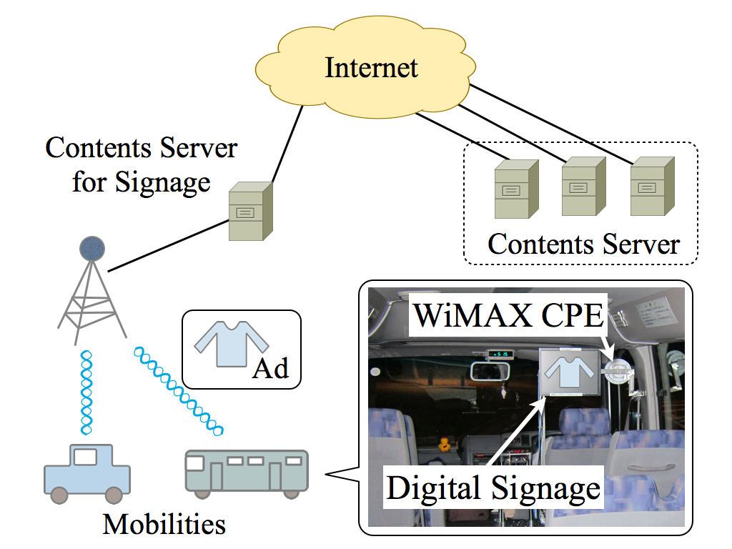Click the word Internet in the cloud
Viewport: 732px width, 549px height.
point(371,68)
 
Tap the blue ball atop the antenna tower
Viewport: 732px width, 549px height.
point(91,248)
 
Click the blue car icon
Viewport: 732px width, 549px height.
point(86,473)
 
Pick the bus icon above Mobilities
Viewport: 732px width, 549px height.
point(247,473)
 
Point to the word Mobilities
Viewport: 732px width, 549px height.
point(164,524)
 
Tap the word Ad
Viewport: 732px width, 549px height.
point(270,367)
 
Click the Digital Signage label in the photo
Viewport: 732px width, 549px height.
point(493,488)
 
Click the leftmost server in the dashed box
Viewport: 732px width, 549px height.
point(513,189)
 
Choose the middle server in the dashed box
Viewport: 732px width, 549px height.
point(580,186)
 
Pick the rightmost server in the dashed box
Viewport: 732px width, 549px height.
point(648,186)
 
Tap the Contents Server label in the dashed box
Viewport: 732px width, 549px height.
point(583,244)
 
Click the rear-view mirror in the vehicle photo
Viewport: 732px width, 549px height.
point(490,372)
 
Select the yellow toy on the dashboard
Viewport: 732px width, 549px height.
point(445,444)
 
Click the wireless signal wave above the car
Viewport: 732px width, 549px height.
point(86,392)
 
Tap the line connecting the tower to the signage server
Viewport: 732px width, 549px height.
point(168,245)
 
